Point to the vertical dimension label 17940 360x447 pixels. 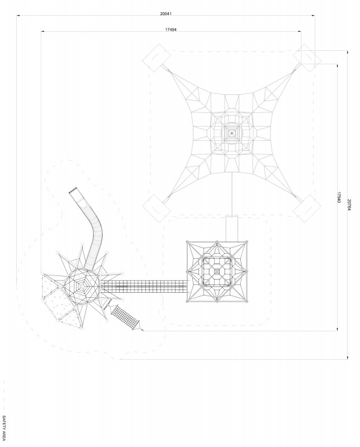(x=339, y=197)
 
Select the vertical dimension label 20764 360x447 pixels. (x=349, y=205)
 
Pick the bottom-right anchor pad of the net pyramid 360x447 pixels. (x=306, y=207)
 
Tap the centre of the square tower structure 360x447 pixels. (x=217, y=272)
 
